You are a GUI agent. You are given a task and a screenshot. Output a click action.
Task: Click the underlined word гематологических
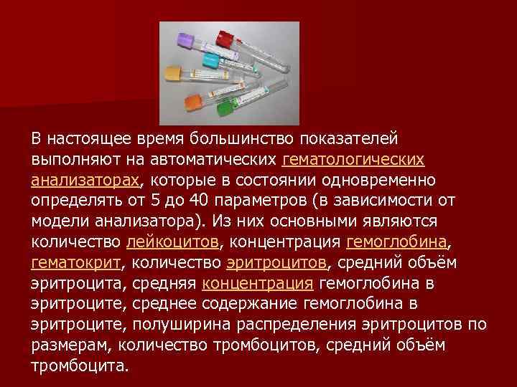pyautogui.click(x=354, y=158)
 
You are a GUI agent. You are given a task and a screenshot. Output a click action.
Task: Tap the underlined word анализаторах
pyautogui.click(x=85, y=178)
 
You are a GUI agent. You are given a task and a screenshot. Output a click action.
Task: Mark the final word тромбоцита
pyautogui.click(x=79, y=365)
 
